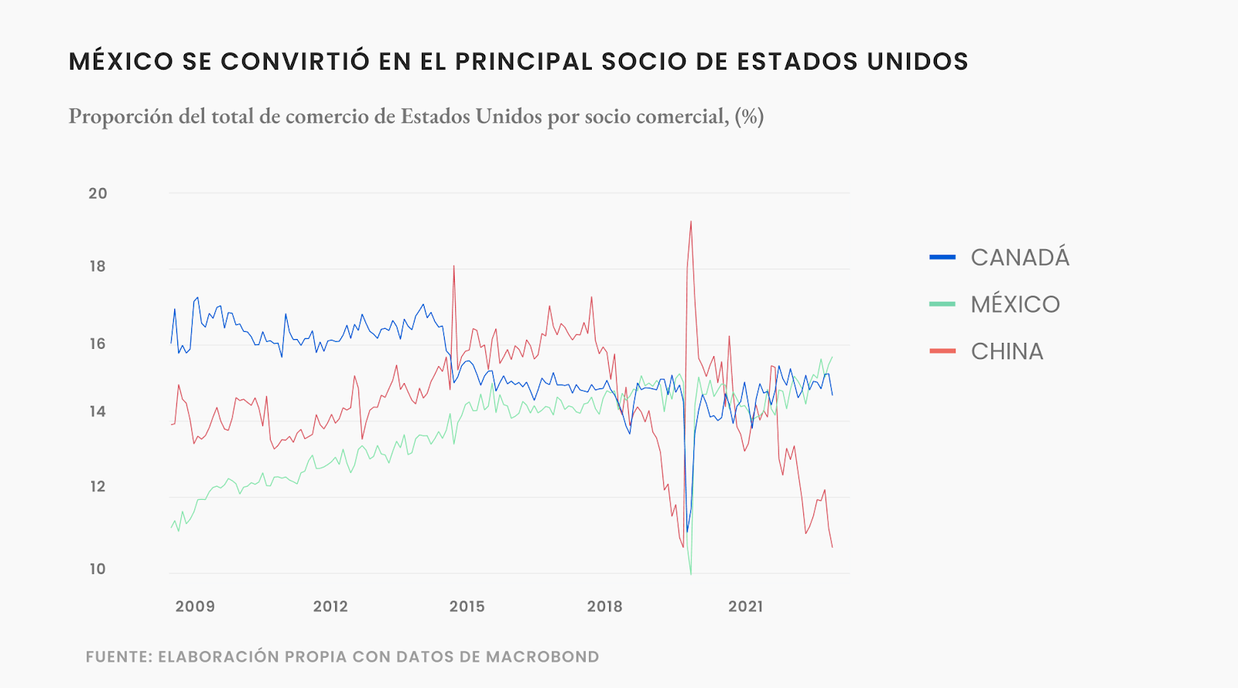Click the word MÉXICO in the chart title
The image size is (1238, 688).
click(121, 62)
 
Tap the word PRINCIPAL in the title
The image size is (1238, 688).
click(524, 62)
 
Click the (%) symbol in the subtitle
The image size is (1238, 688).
click(749, 117)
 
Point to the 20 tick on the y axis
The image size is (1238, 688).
click(97, 193)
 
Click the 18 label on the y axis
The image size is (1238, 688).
click(97, 267)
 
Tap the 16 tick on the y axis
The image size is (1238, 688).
click(97, 344)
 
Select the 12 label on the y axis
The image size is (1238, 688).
click(97, 487)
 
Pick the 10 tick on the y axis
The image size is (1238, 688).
click(97, 569)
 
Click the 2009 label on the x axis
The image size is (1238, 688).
click(195, 607)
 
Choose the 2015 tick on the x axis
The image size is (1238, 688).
click(467, 607)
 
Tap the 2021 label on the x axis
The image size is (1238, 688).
click(746, 607)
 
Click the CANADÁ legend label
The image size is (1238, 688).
click(1020, 258)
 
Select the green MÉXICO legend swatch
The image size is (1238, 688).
click(942, 304)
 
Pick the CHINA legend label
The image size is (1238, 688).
click(1007, 351)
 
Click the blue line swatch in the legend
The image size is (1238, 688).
click(942, 257)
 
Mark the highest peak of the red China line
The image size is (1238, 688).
click(691, 222)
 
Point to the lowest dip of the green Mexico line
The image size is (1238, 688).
click(690, 573)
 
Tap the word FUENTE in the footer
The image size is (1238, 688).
click(118, 657)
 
